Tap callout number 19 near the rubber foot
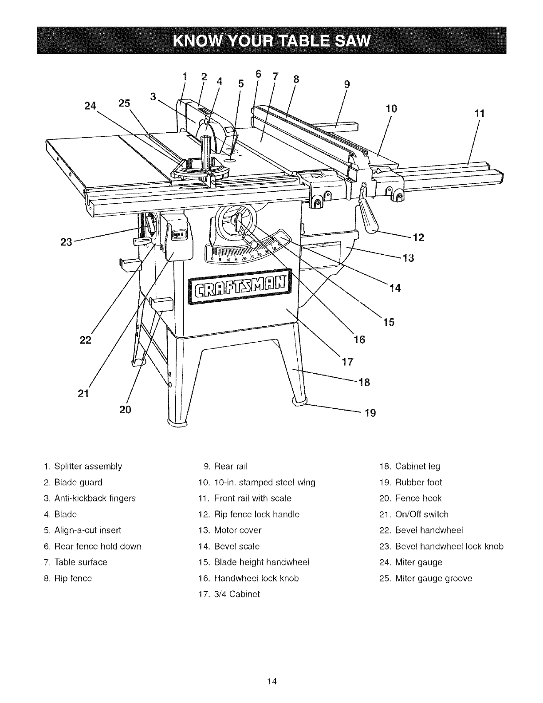click(370, 413)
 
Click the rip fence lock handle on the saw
click(369, 212)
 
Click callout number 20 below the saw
click(126, 409)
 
